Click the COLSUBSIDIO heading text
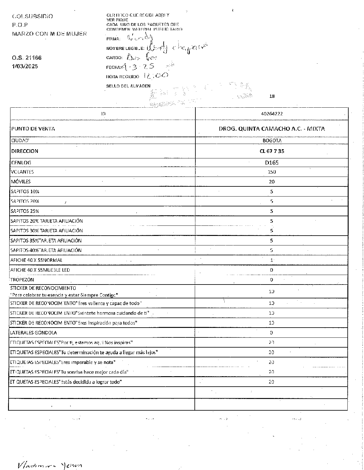(32, 16)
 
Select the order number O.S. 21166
(27, 58)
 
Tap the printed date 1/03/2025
(25, 66)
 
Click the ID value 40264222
(272, 114)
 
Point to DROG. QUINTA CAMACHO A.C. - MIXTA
(272, 129)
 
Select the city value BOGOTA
(272, 141)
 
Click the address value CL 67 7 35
(272, 151)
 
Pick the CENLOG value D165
(272, 162)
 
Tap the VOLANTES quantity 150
(272, 172)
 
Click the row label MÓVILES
(21, 181)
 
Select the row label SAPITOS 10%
(25, 191)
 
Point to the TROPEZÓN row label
(22, 280)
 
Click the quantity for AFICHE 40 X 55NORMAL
(272, 260)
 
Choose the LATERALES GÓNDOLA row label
(34, 333)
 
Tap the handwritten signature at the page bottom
(49, 464)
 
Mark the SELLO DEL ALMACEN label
(128, 86)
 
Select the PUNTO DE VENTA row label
(33, 129)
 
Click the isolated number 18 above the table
(272, 96)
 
